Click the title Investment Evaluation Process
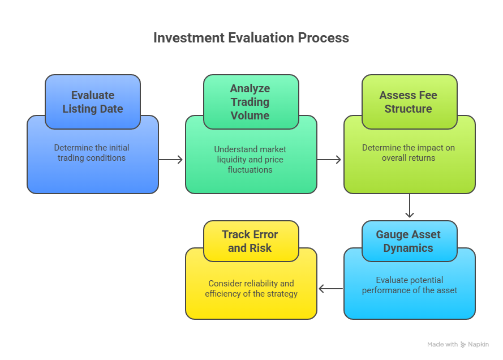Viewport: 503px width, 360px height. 251,38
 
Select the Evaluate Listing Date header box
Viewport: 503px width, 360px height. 93,102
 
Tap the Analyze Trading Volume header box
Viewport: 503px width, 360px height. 250,102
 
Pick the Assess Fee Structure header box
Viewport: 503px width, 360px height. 409,102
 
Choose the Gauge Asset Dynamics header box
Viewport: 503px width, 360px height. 409,241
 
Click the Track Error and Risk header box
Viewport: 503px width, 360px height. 250,241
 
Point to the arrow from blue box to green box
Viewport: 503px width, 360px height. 171,160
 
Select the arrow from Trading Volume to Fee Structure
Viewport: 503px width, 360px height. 329,160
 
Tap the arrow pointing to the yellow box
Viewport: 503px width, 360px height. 331,289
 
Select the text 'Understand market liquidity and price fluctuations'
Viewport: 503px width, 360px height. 250,159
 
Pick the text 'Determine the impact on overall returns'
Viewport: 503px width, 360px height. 409,153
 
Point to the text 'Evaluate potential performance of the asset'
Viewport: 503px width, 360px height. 409,285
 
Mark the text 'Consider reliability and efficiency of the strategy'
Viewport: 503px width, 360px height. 251,289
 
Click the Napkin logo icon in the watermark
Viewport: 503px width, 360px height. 463,344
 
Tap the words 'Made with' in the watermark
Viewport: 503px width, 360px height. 442,344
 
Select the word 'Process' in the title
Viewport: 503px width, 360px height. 325,38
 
